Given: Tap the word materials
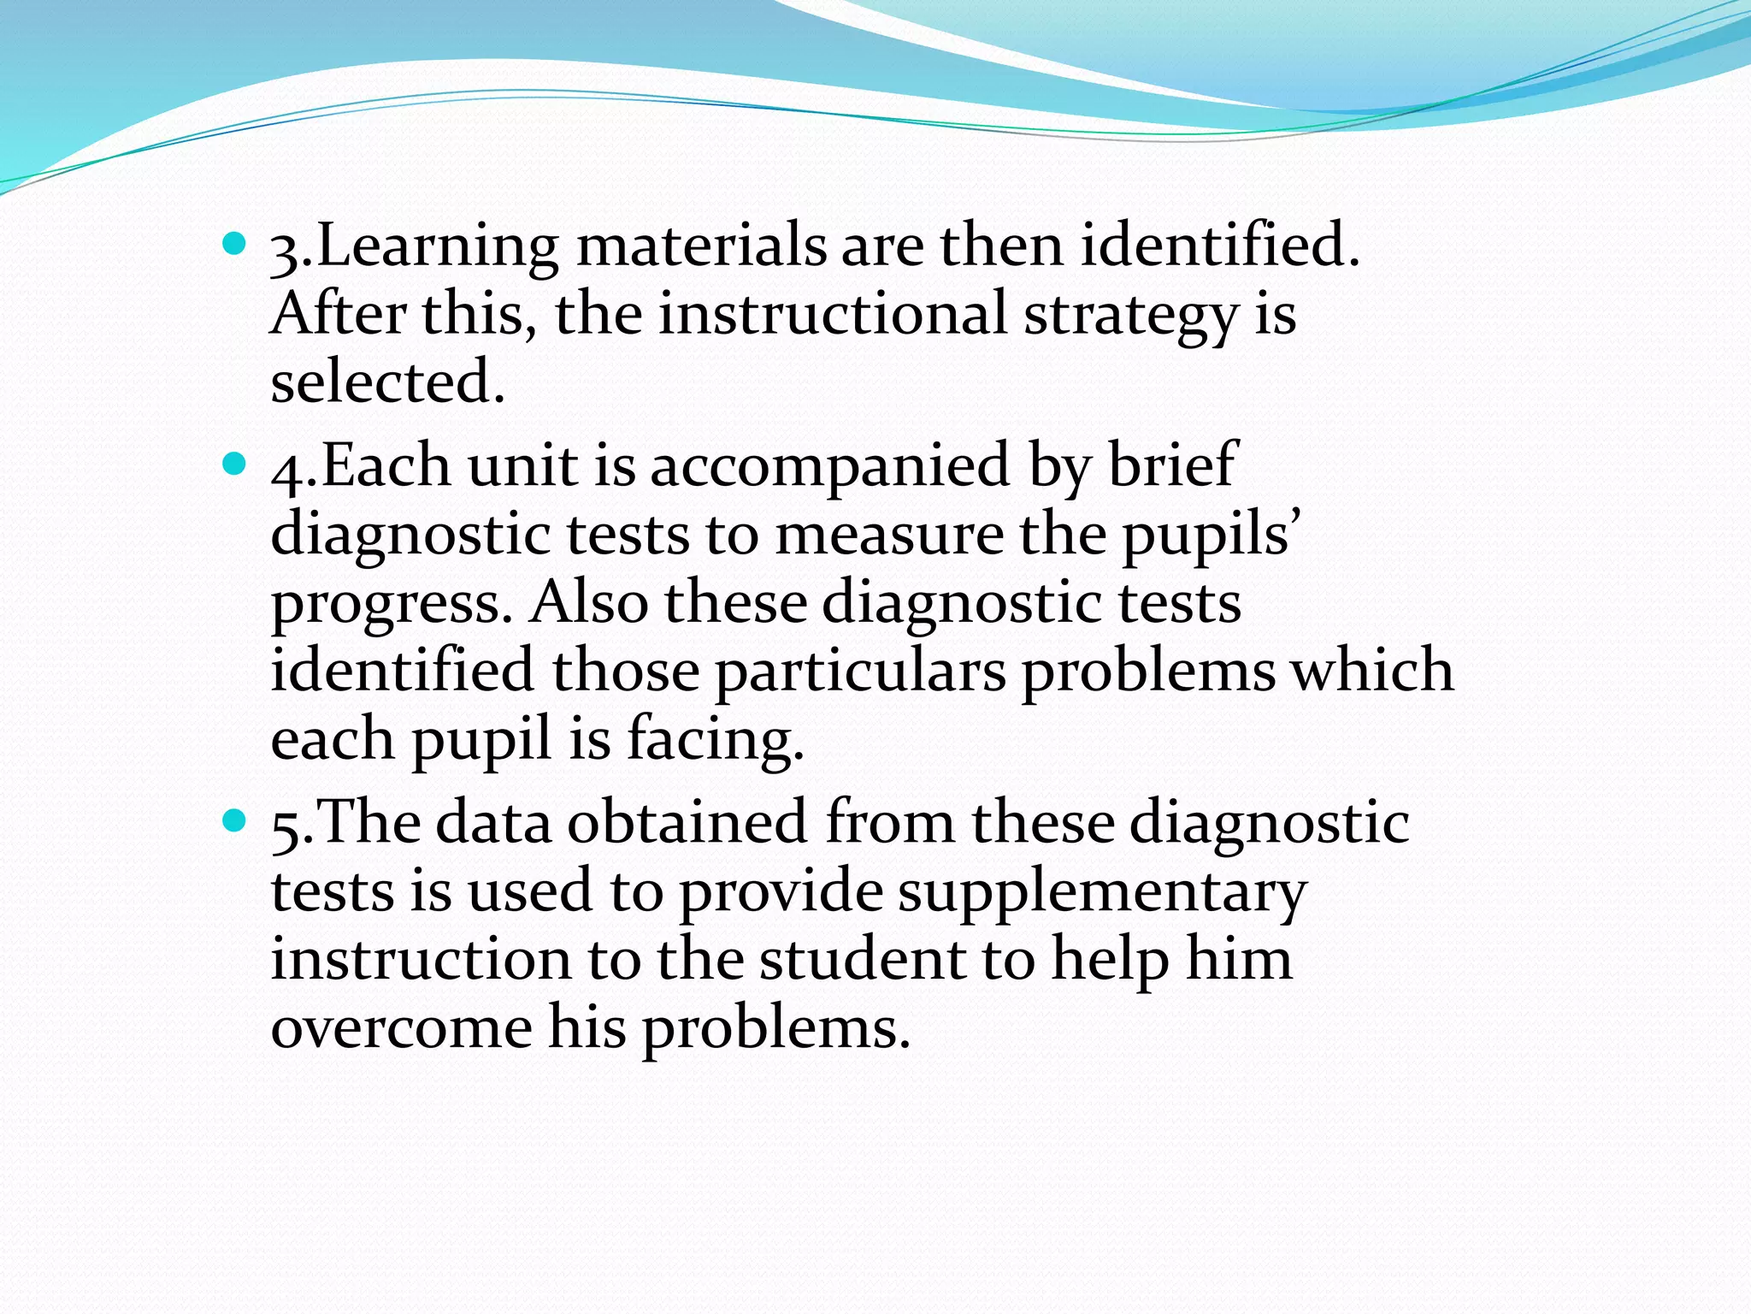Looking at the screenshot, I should click(x=701, y=246).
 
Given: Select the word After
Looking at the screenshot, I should click(x=338, y=314).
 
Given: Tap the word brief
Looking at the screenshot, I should click(x=1171, y=466).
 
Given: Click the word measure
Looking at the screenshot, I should click(x=889, y=536).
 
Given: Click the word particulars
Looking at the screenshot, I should click(x=860, y=672).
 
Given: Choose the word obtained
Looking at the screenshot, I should click(x=687, y=822).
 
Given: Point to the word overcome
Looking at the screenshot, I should click(x=401, y=1027).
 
